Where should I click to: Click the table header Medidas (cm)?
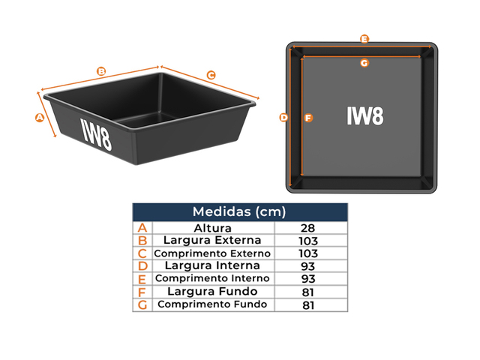239,211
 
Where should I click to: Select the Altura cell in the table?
213,228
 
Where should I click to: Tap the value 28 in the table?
307,228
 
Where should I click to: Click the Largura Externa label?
213,241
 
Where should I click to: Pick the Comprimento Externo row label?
213,253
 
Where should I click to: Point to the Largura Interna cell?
213,266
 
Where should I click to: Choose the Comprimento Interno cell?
213,279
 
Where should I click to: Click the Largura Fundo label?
213,292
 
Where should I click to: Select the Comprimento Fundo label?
213,304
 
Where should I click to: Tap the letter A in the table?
142,228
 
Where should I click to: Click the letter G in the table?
142,304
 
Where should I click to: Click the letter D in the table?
142,266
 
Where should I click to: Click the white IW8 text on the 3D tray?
97,130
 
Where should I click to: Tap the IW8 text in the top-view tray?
364,116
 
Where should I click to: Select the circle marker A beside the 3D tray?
40,117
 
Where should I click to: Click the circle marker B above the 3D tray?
101,72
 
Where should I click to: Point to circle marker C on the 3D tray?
211,75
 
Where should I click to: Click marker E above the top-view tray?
364,38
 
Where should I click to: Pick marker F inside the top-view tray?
307,118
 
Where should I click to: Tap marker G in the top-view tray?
364,63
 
